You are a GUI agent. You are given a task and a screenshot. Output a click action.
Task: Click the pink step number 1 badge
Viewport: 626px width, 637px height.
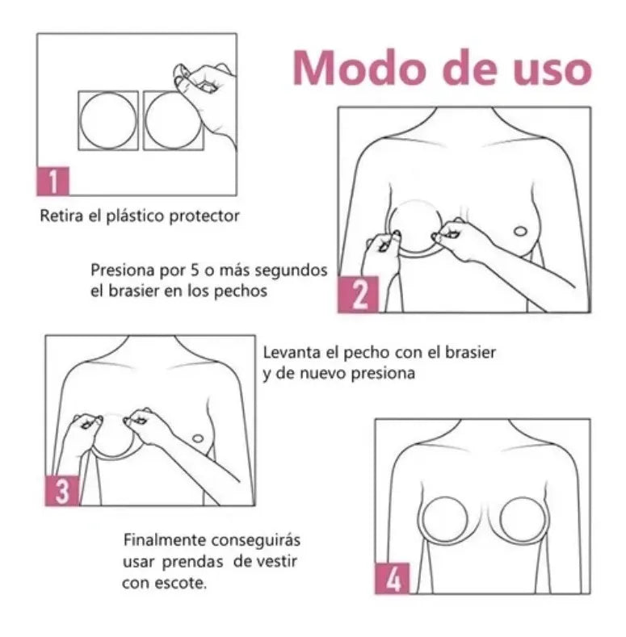pyautogui.click(x=53, y=181)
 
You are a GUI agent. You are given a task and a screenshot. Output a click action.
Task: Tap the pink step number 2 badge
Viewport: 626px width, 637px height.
pyautogui.click(x=358, y=295)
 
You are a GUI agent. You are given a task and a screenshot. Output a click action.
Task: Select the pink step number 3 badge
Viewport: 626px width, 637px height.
pyautogui.click(x=61, y=491)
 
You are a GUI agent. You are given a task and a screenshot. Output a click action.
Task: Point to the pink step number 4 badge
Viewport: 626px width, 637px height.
pyautogui.click(x=392, y=579)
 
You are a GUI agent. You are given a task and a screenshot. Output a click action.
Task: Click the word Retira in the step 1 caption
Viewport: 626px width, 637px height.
pyautogui.click(x=62, y=216)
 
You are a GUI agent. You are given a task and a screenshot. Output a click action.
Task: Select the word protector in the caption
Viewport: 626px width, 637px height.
pyautogui.click(x=204, y=216)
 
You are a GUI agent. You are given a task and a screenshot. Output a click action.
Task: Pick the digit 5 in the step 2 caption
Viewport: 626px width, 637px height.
pyautogui.click(x=195, y=270)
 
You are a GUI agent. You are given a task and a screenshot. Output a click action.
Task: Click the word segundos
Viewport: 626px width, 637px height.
pyautogui.click(x=290, y=271)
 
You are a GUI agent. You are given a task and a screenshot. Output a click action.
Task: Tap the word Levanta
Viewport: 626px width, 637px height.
pyautogui.click(x=292, y=352)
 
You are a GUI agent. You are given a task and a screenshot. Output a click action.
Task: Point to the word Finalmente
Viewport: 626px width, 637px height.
pyautogui.click(x=165, y=540)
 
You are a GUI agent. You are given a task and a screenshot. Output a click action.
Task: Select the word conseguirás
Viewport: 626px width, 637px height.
pyautogui.click(x=256, y=541)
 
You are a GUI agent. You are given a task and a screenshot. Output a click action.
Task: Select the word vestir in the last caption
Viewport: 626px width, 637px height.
pyautogui.click(x=277, y=562)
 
